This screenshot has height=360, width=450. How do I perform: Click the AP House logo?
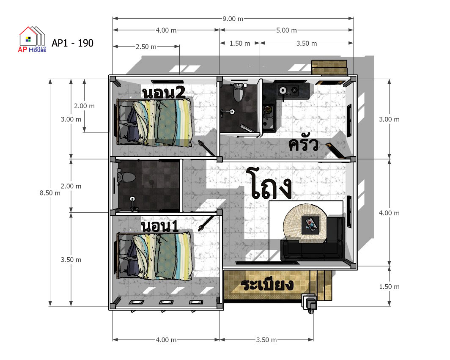[x=32, y=39]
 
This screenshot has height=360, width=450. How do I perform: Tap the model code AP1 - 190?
[x=73, y=43]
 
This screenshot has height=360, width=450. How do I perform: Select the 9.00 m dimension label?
[x=233, y=19]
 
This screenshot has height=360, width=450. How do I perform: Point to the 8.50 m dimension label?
[x=50, y=193]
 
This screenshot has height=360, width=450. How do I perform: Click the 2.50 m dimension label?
[x=146, y=47]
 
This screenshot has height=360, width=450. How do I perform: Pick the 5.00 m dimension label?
[x=286, y=30]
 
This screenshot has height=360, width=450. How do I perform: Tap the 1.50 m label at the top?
[x=240, y=43]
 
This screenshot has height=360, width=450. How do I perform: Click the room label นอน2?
[x=164, y=93]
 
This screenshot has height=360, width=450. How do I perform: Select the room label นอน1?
[x=160, y=226]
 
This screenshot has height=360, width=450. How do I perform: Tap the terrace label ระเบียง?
[x=267, y=285]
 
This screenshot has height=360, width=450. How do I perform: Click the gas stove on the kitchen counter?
[x=288, y=91]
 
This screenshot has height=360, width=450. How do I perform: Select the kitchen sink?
[x=268, y=118]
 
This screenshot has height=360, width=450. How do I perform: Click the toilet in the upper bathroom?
[x=238, y=92]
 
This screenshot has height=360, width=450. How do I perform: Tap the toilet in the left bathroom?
[x=126, y=177]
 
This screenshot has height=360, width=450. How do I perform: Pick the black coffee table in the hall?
[x=310, y=225]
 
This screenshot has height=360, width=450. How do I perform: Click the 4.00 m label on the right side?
[x=389, y=213]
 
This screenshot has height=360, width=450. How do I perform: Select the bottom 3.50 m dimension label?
[x=266, y=340]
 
